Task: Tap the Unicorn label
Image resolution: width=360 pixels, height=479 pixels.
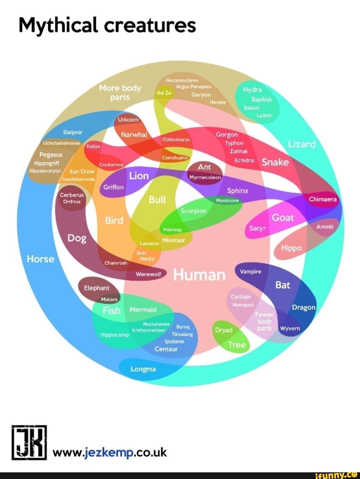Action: pyautogui.click(x=128, y=119)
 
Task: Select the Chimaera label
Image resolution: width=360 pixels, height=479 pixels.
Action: pyautogui.click(x=323, y=199)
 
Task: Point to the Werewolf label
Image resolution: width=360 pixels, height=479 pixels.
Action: pyautogui.click(x=148, y=274)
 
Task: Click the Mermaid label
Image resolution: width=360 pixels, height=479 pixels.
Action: pyautogui.click(x=143, y=310)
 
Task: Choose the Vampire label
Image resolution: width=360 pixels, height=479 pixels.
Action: pyautogui.click(x=250, y=272)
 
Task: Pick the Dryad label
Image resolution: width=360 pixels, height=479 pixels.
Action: pyautogui.click(x=224, y=330)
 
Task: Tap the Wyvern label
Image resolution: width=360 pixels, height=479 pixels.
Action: pyautogui.click(x=290, y=328)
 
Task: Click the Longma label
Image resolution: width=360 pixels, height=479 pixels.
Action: pyautogui.click(x=143, y=369)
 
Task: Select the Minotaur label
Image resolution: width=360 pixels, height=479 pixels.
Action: pyautogui.click(x=173, y=240)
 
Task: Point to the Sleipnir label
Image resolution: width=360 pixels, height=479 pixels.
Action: pyautogui.click(x=73, y=132)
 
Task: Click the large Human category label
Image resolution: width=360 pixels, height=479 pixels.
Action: pyautogui.click(x=199, y=275)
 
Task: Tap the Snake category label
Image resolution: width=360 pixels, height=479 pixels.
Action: pyautogui.click(x=275, y=162)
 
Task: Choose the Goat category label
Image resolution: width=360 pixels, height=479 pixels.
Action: pyautogui.click(x=283, y=217)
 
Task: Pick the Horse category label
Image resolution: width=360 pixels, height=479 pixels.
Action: pyautogui.click(x=40, y=259)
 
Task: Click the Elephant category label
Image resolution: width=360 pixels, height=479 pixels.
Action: pyautogui.click(x=97, y=288)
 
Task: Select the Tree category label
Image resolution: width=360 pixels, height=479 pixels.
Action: pyautogui.click(x=237, y=345)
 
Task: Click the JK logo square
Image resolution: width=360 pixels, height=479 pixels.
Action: pyautogui.click(x=29, y=442)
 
